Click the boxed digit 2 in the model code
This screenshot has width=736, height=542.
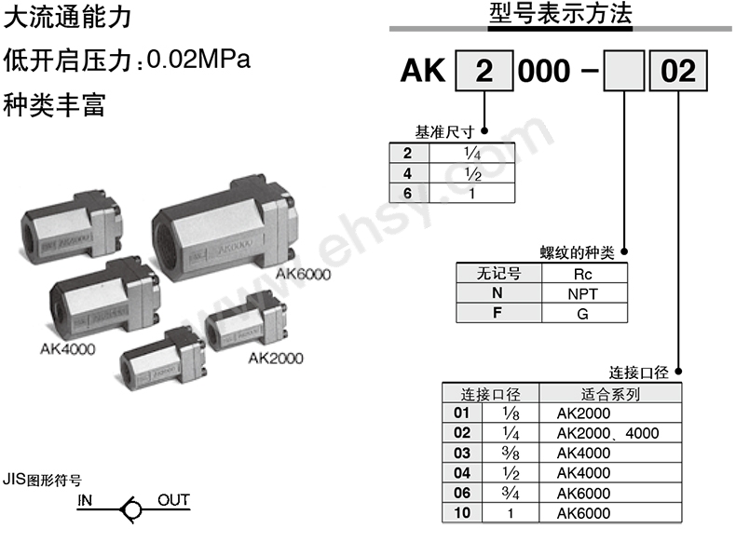[483, 71]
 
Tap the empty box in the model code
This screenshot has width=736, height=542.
[624, 71]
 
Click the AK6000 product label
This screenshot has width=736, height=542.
[303, 273]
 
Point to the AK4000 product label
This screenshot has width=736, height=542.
[68, 350]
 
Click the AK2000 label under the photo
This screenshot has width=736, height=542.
[275, 358]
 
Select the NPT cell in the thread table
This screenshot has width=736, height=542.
[582, 293]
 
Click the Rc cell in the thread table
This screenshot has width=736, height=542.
[582, 274]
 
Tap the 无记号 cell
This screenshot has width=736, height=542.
[497, 274]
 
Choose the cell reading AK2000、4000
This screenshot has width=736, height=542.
[607, 433]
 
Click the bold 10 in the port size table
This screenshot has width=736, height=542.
[462, 513]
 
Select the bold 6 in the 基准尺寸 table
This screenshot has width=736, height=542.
[407, 193]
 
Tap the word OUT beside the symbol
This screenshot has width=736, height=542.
[173, 500]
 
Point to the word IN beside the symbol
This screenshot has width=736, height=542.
[86, 501]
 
